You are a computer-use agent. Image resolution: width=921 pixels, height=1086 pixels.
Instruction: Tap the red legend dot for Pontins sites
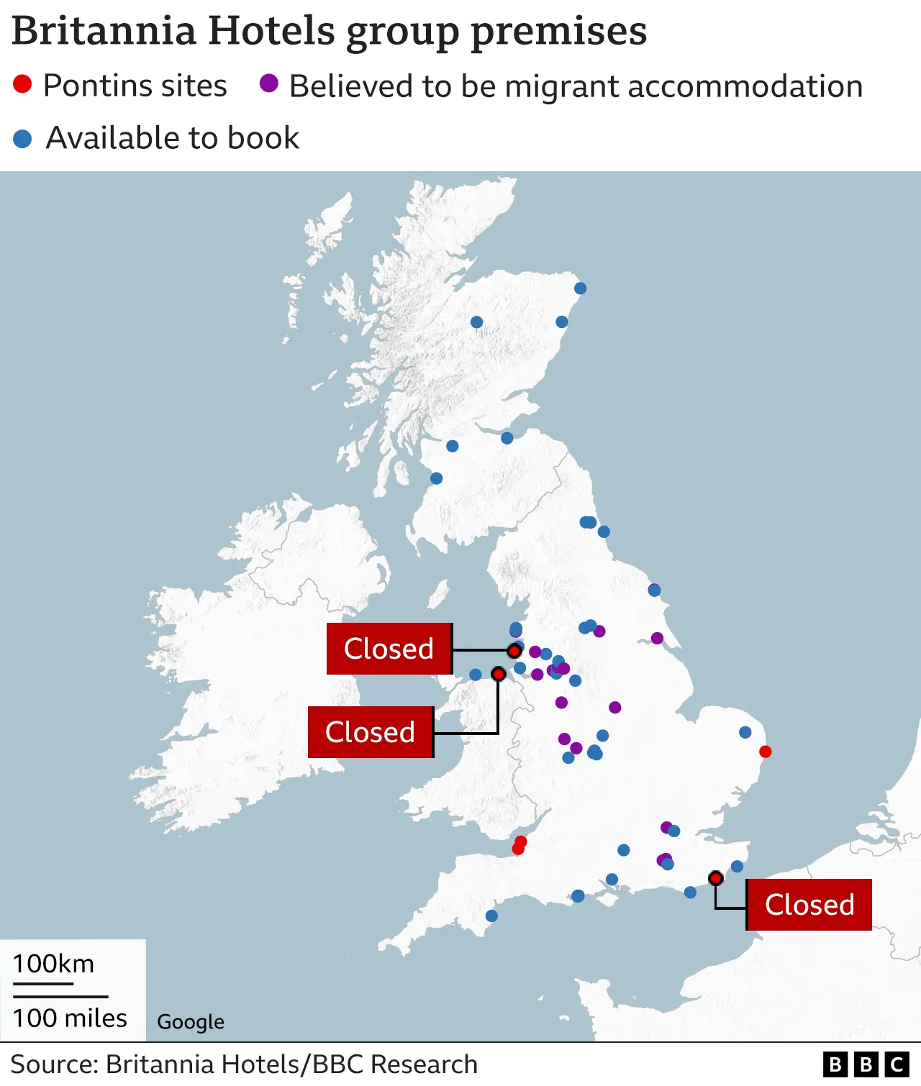click(x=22, y=84)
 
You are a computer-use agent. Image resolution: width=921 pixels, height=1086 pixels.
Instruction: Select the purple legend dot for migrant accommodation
click(x=269, y=83)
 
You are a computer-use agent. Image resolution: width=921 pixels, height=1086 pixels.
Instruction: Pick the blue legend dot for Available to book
click(x=22, y=139)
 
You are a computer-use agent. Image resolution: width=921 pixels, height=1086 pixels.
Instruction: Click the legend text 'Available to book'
click(x=172, y=137)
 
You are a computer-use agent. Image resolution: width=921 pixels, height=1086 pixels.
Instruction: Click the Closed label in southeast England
click(x=809, y=905)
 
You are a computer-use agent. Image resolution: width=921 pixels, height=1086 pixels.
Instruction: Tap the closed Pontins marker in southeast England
click(x=715, y=878)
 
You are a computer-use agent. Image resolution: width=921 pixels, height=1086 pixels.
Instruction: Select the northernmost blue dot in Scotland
click(x=580, y=288)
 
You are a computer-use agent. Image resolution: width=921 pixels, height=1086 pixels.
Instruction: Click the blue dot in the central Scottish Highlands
click(x=476, y=322)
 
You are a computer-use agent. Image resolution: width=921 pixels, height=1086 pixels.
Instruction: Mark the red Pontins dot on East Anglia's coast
click(x=766, y=752)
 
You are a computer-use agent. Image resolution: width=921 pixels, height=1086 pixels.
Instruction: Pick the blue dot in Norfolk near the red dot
click(x=745, y=732)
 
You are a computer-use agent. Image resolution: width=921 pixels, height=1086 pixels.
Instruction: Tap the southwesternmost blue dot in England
click(x=491, y=916)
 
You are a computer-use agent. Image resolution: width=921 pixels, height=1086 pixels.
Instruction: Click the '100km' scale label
click(x=53, y=964)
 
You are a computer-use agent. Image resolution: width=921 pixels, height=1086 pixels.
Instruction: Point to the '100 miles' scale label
click(x=70, y=1018)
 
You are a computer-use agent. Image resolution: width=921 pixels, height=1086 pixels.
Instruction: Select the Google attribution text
click(x=191, y=1022)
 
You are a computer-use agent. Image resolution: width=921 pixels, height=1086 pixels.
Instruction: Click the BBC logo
click(x=866, y=1064)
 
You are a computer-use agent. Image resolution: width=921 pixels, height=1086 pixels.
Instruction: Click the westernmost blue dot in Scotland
click(x=436, y=478)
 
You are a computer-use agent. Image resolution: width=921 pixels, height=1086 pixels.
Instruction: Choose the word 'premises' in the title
click(x=559, y=31)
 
